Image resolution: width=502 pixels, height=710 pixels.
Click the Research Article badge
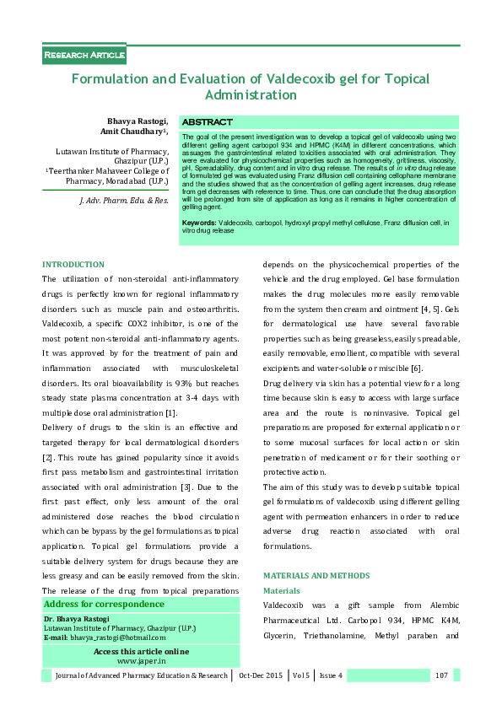[84, 56]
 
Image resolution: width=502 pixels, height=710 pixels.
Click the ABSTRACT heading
[207, 122]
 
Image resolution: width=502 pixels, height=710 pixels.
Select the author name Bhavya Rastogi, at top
[138, 121]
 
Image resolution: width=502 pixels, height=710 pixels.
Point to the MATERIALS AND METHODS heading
[316, 575]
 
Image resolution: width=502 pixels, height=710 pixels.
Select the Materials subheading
[281, 591]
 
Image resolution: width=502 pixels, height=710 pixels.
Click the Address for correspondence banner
[104, 605]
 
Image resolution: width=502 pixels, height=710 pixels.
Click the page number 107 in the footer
[440, 675]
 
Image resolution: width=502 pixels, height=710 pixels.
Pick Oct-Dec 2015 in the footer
[262, 675]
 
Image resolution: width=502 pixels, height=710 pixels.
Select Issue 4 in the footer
[330, 675]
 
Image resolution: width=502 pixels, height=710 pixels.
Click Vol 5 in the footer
[302, 675]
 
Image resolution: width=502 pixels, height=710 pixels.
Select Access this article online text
[141, 652]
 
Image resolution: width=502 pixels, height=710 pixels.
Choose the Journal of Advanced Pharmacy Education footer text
[141, 675]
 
